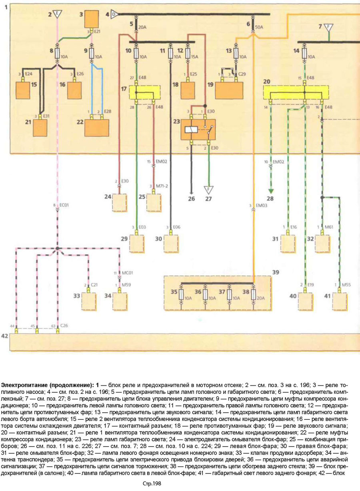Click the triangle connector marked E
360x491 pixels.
pyautogui.click(x=58, y=15)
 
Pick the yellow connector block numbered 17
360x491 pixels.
pyautogui.click(x=144, y=92)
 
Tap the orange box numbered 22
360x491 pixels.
pyautogui.click(x=97, y=128)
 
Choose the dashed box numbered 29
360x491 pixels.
pyautogui.click(x=136, y=243)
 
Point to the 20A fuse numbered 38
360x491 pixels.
pyautogui.click(x=254, y=296)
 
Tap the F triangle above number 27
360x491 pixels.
pyautogui.click(x=208, y=190)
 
